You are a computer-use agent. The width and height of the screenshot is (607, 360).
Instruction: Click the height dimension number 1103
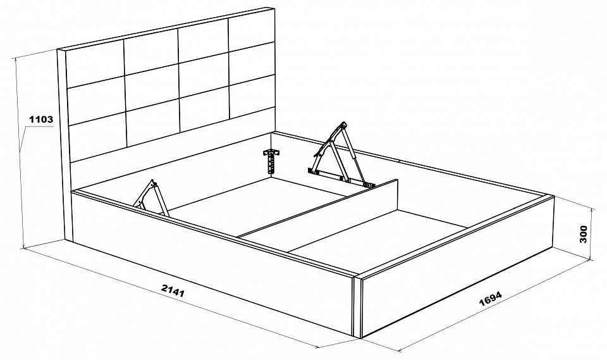(x=41, y=119)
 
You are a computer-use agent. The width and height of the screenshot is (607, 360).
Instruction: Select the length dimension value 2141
(x=173, y=290)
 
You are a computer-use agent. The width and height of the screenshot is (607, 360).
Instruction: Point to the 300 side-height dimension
(x=584, y=234)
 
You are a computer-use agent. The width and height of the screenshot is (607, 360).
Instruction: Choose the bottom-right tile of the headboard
(x=252, y=99)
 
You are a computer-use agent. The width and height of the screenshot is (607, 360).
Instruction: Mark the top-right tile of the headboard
(x=252, y=32)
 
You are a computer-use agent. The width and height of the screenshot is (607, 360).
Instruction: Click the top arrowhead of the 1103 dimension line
(x=15, y=59)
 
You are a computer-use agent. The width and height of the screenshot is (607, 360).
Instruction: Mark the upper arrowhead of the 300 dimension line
(x=592, y=209)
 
